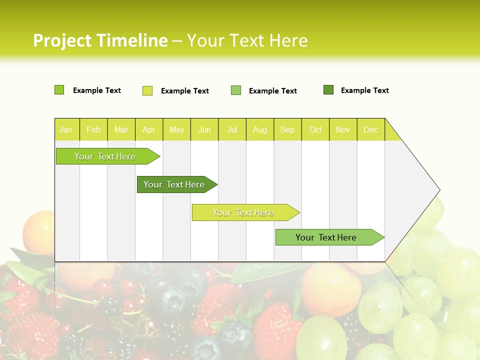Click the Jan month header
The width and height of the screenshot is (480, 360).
click(66, 129)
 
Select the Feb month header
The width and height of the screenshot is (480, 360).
click(93, 129)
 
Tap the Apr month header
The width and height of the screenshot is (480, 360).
click(148, 129)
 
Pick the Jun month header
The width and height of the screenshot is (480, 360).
click(204, 129)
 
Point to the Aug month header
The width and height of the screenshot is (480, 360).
click(259, 129)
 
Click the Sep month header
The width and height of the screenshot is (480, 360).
click(287, 129)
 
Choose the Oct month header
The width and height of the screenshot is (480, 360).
click(315, 129)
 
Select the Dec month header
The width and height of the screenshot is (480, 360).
click(370, 129)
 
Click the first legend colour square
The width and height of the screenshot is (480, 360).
click(59, 90)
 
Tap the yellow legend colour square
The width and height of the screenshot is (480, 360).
click(147, 90)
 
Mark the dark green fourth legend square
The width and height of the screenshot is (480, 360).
click(328, 90)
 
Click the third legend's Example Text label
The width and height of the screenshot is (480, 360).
click(272, 91)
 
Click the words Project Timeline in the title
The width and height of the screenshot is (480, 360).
click(100, 40)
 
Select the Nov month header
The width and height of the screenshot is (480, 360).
click(343, 129)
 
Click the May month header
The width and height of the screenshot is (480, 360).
click(176, 129)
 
